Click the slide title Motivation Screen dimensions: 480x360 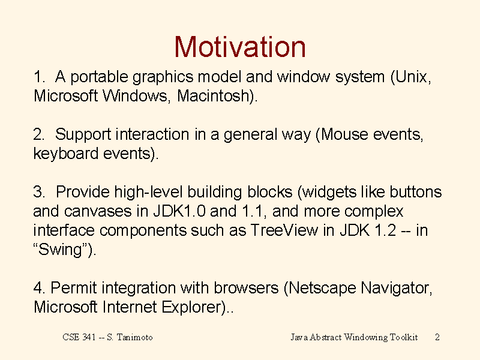click(x=240, y=47)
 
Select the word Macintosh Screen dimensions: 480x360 click(x=214, y=95)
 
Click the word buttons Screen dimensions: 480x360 click(x=415, y=192)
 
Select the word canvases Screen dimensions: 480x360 click(x=98, y=211)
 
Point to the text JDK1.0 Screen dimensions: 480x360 click(x=179, y=211)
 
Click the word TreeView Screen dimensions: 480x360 click(x=284, y=230)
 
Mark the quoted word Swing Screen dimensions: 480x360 click(x=61, y=250)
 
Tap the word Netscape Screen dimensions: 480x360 click(x=322, y=289)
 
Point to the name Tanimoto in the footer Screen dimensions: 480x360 click(x=134, y=337)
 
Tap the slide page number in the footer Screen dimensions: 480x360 click(x=437, y=337)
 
